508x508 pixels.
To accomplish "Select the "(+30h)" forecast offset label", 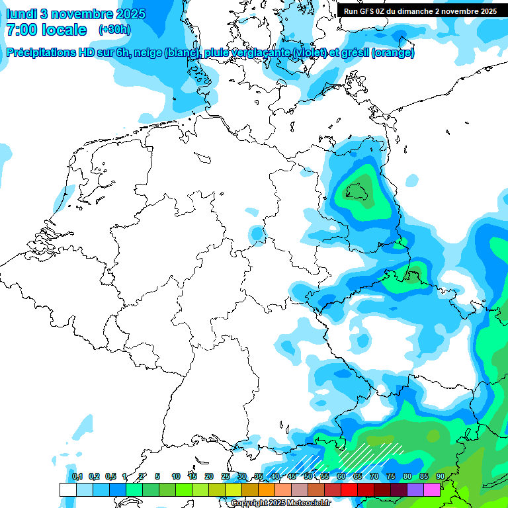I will tap(114, 30).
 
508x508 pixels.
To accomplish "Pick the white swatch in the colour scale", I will tap(68, 489).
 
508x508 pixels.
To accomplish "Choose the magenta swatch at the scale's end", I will tap(432, 489).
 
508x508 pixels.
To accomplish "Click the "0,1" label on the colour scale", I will tap(77, 476).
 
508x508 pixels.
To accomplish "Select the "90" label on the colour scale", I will tap(440, 476).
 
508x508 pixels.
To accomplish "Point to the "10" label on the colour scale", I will tap(176, 476).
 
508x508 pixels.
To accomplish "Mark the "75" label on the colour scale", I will tap(390, 476).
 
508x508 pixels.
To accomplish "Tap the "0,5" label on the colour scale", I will tap(110, 476).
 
